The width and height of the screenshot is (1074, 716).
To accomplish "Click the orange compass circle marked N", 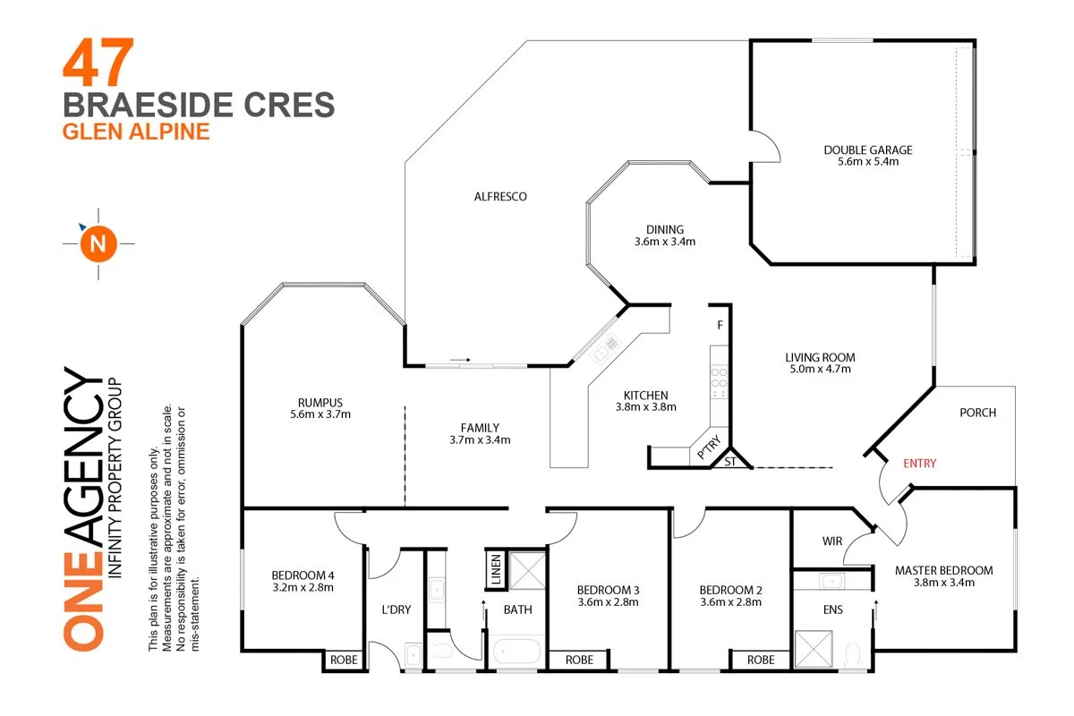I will click(x=98, y=243).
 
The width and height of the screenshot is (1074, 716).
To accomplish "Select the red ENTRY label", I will click(x=919, y=463).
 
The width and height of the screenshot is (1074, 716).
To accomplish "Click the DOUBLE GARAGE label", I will click(x=867, y=150).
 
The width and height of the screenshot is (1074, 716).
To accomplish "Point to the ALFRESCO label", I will click(x=500, y=196).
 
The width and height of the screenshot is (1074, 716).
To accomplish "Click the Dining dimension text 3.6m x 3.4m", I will click(x=665, y=242).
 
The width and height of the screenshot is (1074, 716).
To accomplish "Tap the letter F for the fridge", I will click(x=719, y=325).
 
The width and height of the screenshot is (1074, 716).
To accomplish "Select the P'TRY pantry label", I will click(x=707, y=455).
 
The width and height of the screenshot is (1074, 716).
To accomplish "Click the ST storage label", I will click(x=729, y=462).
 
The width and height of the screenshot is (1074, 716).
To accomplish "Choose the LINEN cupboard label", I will click(x=495, y=569).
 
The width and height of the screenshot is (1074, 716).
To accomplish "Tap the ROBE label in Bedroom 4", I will click(x=344, y=660).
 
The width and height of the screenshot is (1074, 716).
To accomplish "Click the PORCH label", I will click(x=977, y=413).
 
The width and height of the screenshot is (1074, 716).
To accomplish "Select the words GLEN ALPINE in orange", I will click(x=135, y=132).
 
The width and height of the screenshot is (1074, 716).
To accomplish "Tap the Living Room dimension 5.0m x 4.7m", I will click(x=819, y=369).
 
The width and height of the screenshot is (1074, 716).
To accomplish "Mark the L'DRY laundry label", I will click(x=396, y=609).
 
